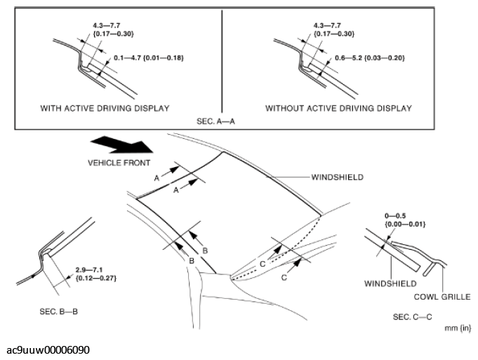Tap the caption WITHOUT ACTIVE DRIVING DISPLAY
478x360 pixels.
pyautogui.click(x=338, y=108)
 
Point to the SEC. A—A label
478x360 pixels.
pyautogui.click(x=221, y=121)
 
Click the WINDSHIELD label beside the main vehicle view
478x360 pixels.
pyautogui.click(x=338, y=178)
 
